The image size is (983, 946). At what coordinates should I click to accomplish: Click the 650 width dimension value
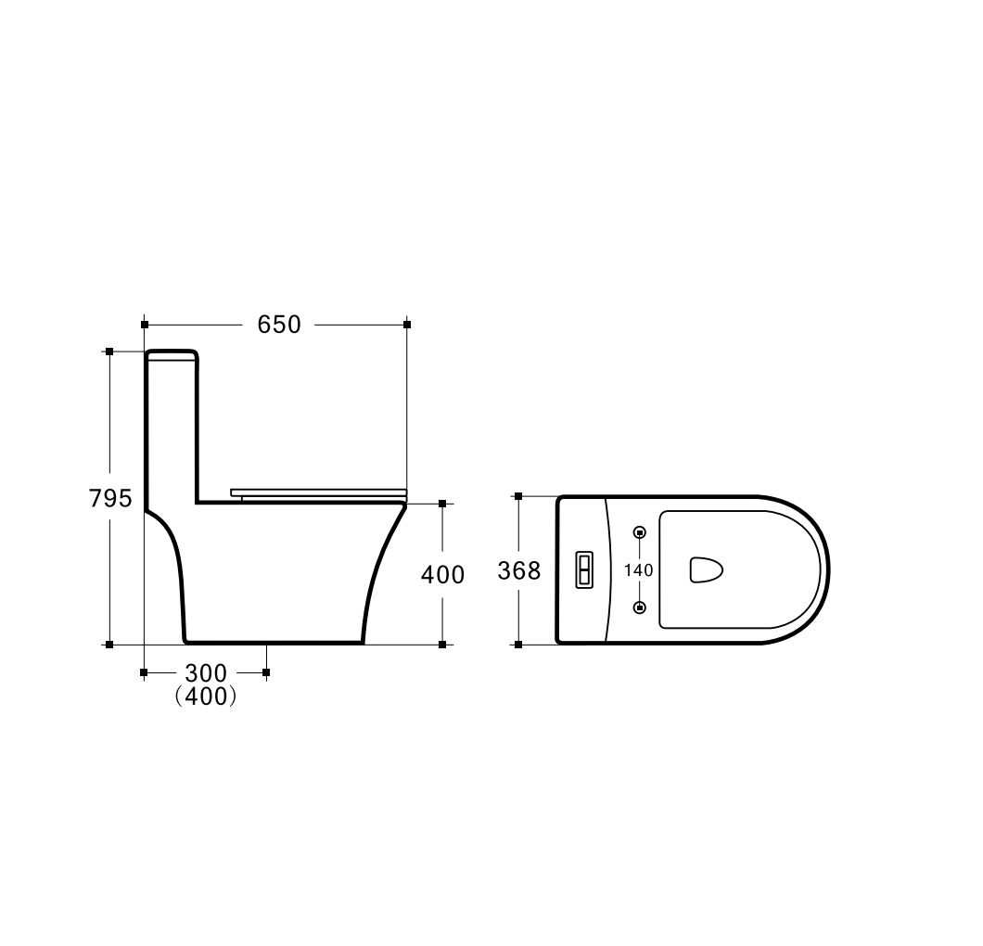(x=279, y=324)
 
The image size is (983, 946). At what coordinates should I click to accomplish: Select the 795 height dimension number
(x=110, y=498)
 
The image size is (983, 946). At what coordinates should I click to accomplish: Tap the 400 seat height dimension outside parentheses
(x=442, y=574)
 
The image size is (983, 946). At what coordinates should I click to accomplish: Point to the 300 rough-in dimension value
(x=206, y=672)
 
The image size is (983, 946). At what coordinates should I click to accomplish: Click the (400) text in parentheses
(x=206, y=696)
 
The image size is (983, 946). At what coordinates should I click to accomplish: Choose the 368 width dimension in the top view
(x=519, y=570)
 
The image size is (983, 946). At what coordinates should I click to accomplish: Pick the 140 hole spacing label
(x=639, y=569)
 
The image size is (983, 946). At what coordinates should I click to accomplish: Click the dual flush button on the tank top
(x=584, y=570)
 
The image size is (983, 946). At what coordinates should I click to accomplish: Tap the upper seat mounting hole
(x=640, y=533)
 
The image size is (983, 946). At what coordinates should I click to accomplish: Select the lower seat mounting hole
(x=640, y=607)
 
